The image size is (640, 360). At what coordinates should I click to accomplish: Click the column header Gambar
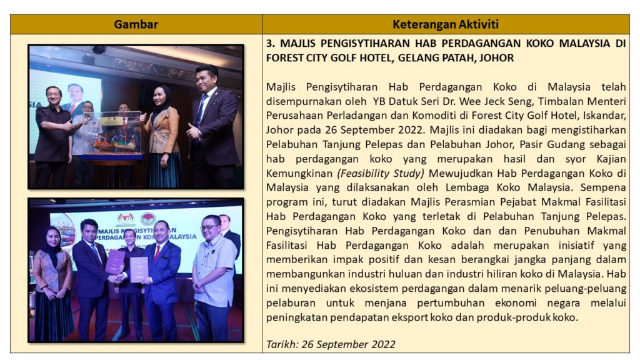136,24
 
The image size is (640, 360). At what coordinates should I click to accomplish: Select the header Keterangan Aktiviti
446,24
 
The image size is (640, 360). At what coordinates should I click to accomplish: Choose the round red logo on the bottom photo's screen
149,219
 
